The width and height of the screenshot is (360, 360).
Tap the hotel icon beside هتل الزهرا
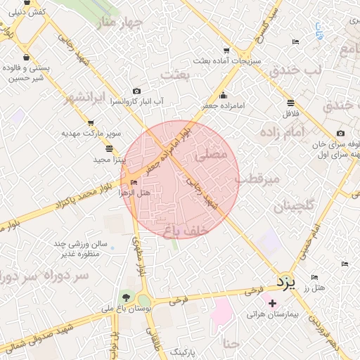click(x=134, y=183)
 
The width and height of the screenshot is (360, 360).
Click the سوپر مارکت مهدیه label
click(x=91, y=133)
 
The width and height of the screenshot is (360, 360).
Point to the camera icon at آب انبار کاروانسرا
click(x=136, y=91)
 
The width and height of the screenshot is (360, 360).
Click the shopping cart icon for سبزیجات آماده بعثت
click(x=226, y=51)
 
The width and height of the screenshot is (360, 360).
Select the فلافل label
click(x=291, y=113)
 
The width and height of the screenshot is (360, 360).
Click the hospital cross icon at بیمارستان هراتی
click(x=273, y=302)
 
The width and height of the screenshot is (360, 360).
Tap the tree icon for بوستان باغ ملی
click(x=127, y=297)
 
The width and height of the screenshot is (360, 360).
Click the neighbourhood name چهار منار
click(x=120, y=24)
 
